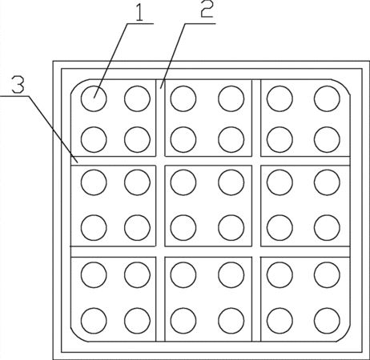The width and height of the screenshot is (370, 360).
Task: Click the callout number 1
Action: click(139, 12)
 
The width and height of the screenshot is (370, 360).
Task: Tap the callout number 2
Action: click(207, 9)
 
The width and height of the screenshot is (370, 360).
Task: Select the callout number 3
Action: click(18, 85)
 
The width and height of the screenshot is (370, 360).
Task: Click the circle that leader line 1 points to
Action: click(94, 98)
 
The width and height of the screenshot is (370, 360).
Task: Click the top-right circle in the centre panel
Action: click(231, 182)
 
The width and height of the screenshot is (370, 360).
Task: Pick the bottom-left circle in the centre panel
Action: click(183, 228)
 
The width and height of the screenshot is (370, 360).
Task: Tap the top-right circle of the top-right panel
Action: click(327, 98)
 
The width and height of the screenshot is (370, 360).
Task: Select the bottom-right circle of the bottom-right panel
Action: click(327, 321)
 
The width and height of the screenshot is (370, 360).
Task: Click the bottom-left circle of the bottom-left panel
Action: click(94, 321)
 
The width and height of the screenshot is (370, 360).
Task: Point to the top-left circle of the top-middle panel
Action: click(183, 98)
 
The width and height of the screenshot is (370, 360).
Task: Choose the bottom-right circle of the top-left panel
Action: click(137, 139)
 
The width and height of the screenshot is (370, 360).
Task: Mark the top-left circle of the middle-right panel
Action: click(280, 182)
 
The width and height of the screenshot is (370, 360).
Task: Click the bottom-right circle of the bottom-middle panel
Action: click(231, 321)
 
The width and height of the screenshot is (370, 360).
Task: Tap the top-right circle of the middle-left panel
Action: click(137, 182)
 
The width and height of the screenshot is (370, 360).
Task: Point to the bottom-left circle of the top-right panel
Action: click(280, 139)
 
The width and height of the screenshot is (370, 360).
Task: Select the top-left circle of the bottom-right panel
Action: click(280, 274)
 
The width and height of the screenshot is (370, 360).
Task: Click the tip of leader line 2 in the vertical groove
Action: click(160, 88)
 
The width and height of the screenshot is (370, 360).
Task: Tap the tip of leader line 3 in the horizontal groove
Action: click(78, 162)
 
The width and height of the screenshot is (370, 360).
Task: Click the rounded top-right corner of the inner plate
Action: click(342, 86)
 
